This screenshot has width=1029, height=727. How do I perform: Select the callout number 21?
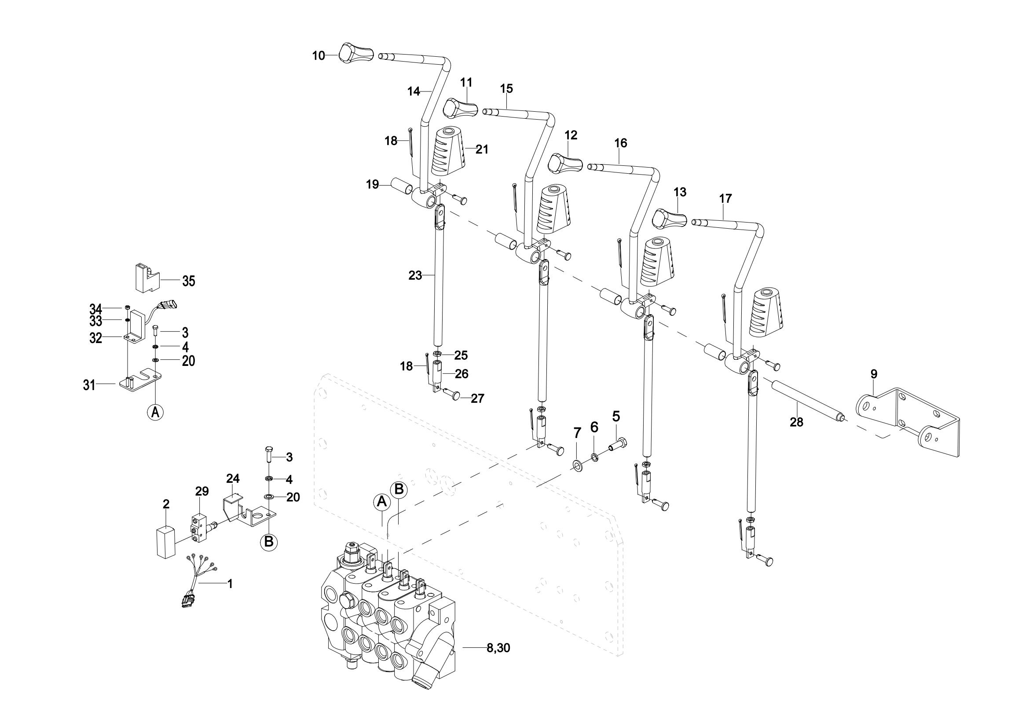coord(482,149)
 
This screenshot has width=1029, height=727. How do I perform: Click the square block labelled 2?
coord(166,542)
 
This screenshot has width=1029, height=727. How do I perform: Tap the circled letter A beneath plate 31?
coord(155,412)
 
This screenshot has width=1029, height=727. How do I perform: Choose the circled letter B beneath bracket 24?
coord(268,541)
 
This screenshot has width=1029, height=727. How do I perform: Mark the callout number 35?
coord(188,281)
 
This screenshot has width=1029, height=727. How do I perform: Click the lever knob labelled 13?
coord(670,218)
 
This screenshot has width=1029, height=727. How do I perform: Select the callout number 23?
coord(415,275)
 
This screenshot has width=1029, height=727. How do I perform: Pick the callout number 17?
coord(725,198)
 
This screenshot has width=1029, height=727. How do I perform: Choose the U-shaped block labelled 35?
coord(145,278)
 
